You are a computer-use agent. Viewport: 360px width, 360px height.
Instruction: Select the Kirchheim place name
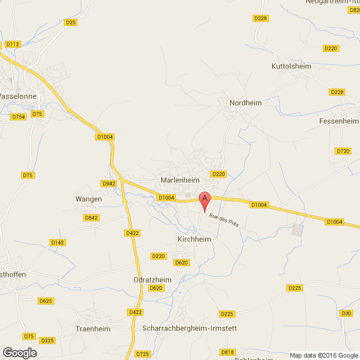pos(194,240)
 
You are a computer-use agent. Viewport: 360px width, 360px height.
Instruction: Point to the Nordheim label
pos(245,103)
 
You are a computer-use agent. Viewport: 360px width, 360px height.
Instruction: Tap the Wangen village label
pos(89,199)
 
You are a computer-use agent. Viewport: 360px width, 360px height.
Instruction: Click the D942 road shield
pos(109,184)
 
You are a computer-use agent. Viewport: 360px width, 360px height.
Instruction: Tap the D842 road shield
pos(91,218)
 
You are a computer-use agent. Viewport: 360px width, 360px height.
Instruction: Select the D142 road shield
pos(57,243)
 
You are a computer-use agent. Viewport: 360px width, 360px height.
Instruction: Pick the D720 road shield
pos(342,151)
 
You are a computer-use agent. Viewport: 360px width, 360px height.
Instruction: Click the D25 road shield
pos(71,22)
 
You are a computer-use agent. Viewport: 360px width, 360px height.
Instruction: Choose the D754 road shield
pos(19,117)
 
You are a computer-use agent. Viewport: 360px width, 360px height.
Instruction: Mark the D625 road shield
pos(46,300)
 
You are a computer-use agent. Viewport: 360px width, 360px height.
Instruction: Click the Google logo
pos(19,352)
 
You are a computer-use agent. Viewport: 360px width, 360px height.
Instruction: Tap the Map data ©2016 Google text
pos(323,355)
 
